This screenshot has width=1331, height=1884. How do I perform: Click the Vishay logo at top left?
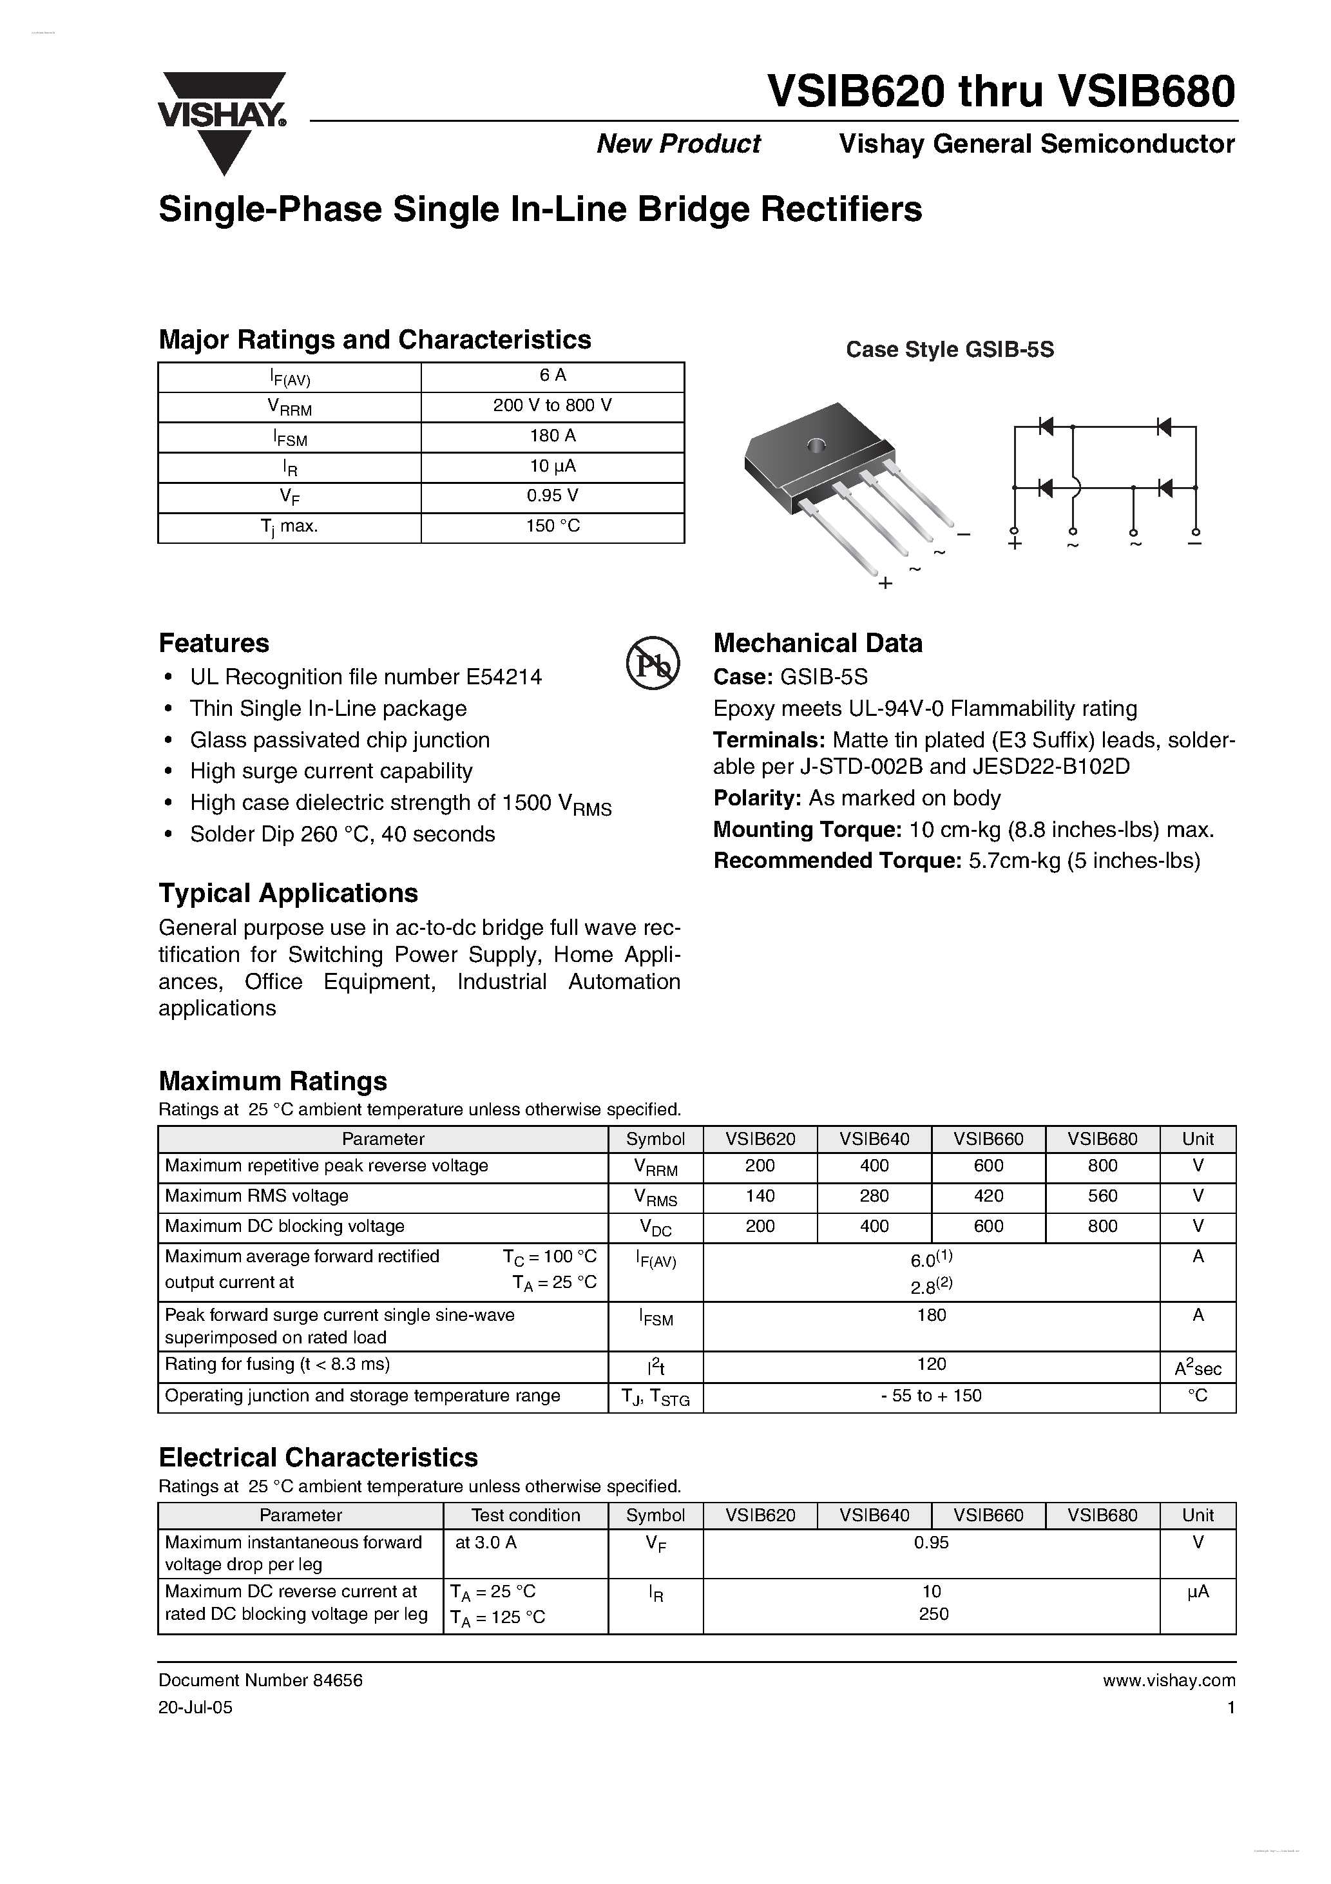click(222, 119)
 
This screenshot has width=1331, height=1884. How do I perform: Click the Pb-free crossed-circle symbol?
click(653, 662)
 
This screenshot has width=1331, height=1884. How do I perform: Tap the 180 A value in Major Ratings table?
click(552, 436)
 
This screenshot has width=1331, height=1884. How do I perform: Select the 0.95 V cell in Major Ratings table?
click(552, 495)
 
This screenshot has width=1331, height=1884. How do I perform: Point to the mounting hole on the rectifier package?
click(816, 446)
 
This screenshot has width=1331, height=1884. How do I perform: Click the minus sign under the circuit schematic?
click(1196, 543)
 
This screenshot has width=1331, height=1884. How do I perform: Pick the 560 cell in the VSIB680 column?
click(1102, 1197)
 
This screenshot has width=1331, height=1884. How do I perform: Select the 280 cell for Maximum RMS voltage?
click(874, 1197)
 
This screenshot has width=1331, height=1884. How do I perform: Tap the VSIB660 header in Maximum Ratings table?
click(988, 1139)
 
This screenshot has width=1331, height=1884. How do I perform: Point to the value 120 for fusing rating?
click(932, 1364)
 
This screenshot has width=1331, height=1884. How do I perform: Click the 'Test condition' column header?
click(525, 1515)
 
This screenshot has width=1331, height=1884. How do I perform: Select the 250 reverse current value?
click(933, 1614)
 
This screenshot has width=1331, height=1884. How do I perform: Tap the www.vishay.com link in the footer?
click(1169, 1680)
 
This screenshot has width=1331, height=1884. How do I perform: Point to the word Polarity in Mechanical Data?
click(756, 798)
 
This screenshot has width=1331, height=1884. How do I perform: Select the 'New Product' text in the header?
click(678, 144)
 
